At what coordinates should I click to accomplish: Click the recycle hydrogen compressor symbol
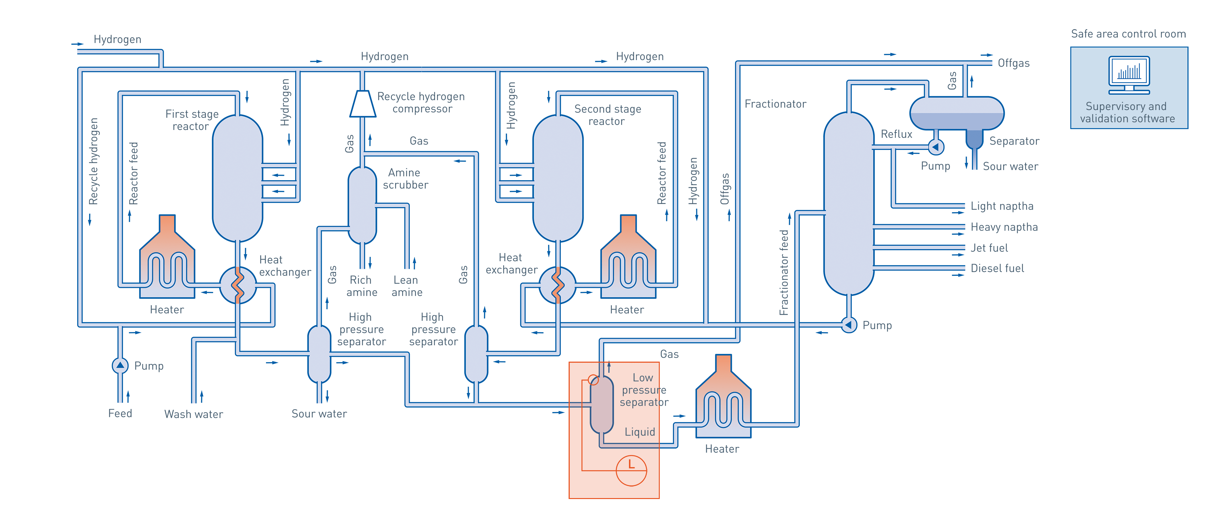pyautogui.click(x=363, y=104)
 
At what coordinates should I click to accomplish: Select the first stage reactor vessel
pyautogui.click(x=237, y=178)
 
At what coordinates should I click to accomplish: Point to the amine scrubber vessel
pyautogui.click(x=362, y=205)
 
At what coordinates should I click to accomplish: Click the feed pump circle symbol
pyautogui.click(x=120, y=366)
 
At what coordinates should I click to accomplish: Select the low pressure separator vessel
pyautogui.click(x=602, y=404)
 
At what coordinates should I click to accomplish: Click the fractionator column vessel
pyautogui.click(x=848, y=203)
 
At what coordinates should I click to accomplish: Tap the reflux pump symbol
pyautogui.click(x=936, y=147)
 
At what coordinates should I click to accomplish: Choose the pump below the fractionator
pyautogui.click(x=849, y=325)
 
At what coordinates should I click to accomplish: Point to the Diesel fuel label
pyautogui.click(x=997, y=268)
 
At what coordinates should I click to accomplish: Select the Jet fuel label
pyautogui.click(x=989, y=248)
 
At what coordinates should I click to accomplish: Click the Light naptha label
pyautogui.click(x=1002, y=206)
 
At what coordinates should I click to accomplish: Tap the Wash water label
pyautogui.click(x=193, y=414)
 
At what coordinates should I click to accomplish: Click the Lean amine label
pyautogui.click(x=406, y=286)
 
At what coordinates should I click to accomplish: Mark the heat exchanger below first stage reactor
pyautogui.click(x=238, y=285)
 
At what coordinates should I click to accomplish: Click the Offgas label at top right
pyautogui.click(x=1013, y=63)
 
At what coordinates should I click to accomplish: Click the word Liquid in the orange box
pyautogui.click(x=640, y=432)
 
